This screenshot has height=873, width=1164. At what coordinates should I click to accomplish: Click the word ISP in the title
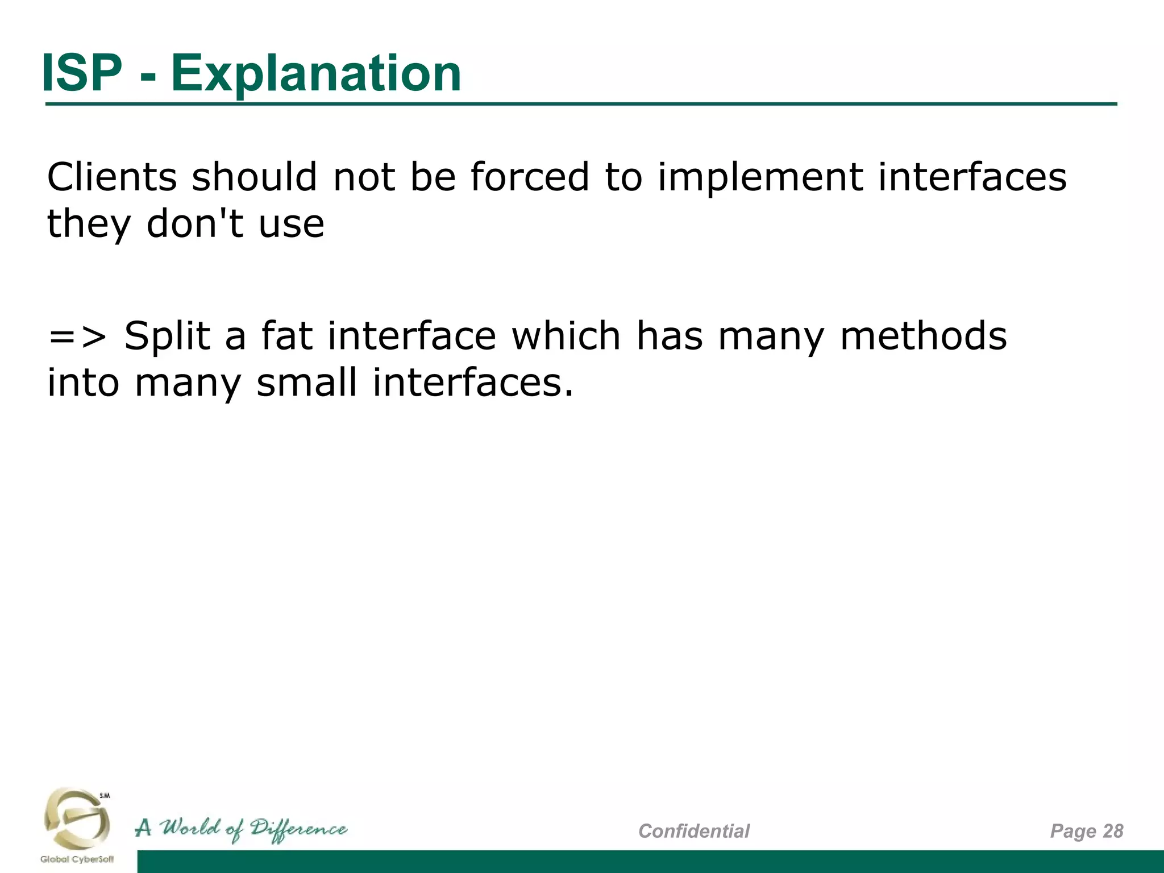(x=82, y=73)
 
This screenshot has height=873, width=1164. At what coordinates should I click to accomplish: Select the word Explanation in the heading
(x=316, y=74)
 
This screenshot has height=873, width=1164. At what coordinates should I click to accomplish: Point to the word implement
(x=761, y=177)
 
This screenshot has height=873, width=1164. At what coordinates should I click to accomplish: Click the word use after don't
(x=292, y=225)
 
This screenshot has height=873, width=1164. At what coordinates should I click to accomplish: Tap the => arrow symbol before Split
(x=77, y=336)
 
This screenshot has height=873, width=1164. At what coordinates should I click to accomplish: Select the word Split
(x=168, y=336)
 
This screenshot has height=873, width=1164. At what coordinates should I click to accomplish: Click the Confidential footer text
(x=694, y=831)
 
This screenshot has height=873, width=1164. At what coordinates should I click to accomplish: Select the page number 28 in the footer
(x=1113, y=831)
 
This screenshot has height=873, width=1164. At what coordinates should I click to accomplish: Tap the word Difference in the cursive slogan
(x=298, y=829)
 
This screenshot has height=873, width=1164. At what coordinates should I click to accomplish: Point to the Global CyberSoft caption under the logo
(x=77, y=859)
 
